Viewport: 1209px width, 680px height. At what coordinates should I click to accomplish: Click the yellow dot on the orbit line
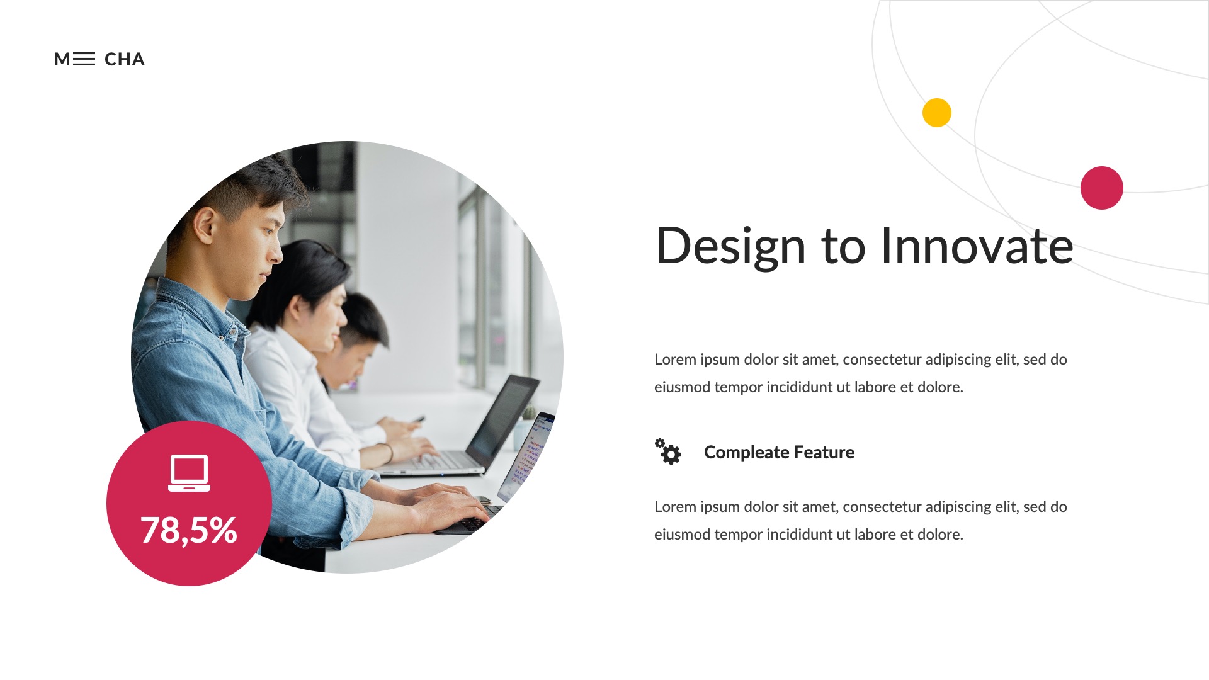pyautogui.click(x=936, y=113)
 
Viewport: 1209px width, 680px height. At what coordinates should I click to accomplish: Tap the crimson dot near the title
pyautogui.click(x=1101, y=188)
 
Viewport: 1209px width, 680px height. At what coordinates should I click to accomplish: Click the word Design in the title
pyautogui.click(x=730, y=246)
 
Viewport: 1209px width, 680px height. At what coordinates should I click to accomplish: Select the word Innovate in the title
pyautogui.click(x=977, y=246)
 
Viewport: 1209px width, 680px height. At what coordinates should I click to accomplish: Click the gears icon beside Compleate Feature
pyautogui.click(x=668, y=451)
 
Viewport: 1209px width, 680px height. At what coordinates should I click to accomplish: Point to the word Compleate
pyautogui.click(x=746, y=452)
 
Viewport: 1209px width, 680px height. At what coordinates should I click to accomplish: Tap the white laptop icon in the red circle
pyautogui.click(x=189, y=473)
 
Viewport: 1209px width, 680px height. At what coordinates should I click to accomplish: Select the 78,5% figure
pyautogui.click(x=189, y=530)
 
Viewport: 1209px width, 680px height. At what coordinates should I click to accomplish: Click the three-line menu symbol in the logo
pyautogui.click(x=84, y=59)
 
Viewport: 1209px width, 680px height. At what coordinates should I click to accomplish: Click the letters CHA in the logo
pyautogui.click(x=124, y=59)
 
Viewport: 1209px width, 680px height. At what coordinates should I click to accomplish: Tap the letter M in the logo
pyautogui.click(x=62, y=59)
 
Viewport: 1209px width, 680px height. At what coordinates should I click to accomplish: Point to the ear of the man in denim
pyautogui.click(x=205, y=225)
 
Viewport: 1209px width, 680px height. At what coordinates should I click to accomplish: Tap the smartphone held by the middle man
pyautogui.click(x=417, y=419)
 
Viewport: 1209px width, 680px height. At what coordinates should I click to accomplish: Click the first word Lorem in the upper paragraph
pyautogui.click(x=675, y=360)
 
